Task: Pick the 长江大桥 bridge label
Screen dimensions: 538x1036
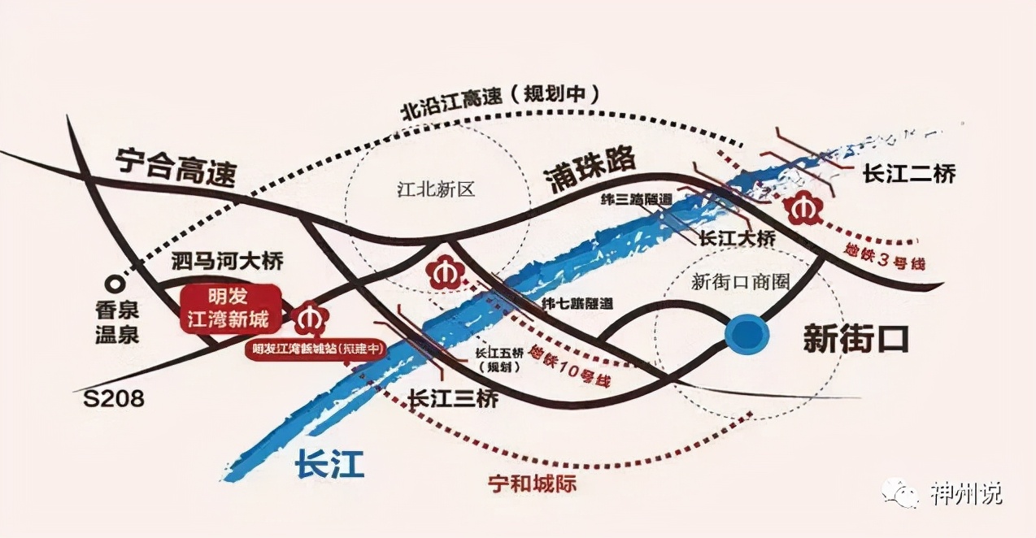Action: [x=738, y=240]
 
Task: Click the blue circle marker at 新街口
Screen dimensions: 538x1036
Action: [x=747, y=334]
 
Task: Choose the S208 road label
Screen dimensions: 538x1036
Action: [x=114, y=398]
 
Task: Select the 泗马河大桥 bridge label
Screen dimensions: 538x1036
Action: [x=228, y=262]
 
